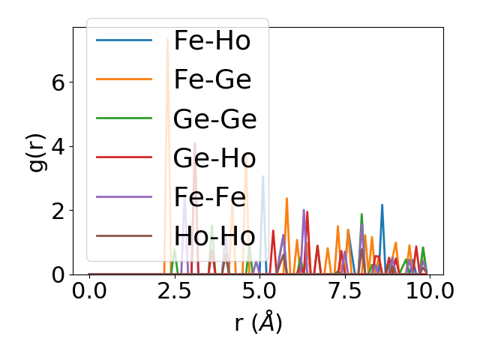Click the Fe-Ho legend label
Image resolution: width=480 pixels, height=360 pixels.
click(212, 41)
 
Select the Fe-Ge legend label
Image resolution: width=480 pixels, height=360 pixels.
click(212, 80)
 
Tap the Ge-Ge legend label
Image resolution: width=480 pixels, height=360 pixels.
click(215, 119)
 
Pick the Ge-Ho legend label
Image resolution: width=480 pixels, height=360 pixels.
click(215, 158)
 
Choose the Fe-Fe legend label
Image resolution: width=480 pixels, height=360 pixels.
click(210, 197)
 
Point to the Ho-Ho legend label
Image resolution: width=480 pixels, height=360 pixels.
click(215, 236)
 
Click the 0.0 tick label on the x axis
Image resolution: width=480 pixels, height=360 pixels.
click(89, 291)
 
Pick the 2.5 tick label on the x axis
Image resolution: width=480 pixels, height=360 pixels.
click(174, 291)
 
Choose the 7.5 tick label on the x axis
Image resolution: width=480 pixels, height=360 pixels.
click(344, 291)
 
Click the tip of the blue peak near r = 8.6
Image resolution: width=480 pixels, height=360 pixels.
click(382, 205)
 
